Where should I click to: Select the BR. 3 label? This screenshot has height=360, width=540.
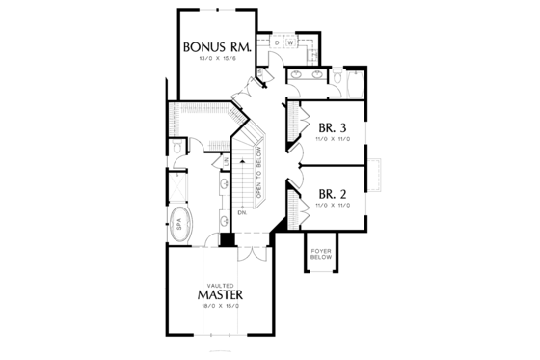tap(332, 127)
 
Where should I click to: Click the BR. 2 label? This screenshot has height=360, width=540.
tap(332, 192)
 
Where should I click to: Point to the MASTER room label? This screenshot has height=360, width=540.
tap(219, 293)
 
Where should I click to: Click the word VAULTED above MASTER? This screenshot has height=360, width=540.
tap(219, 281)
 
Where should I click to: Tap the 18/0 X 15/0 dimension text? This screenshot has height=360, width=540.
tap(219, 306)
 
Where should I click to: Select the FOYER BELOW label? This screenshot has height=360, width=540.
tap(321, 256)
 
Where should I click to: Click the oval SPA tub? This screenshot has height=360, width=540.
tap(178, 227)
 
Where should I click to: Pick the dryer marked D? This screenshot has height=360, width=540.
tap(276, 43)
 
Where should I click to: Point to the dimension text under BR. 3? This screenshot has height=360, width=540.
tap(332, 140)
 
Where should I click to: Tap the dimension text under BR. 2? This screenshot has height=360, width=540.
tap(332, 205)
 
